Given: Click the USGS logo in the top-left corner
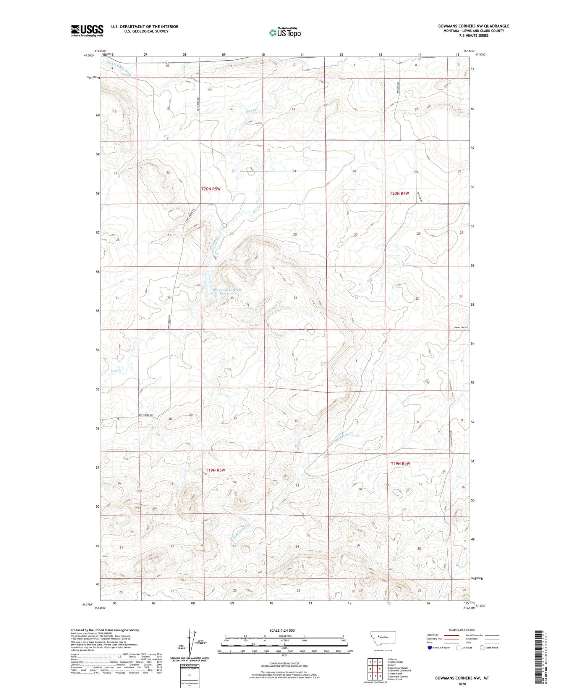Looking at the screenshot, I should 87,31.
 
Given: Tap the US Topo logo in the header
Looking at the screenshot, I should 285,33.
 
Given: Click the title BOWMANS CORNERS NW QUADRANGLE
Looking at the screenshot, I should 473,26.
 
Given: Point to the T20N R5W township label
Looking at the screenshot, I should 211,189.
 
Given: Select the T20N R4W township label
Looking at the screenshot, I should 399,194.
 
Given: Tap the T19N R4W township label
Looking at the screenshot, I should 400,463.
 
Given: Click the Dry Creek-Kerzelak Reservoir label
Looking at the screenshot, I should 227,292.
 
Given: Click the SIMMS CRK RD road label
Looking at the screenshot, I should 461,327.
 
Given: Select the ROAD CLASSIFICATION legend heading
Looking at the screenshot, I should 462,630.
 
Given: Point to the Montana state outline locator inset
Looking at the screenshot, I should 383,637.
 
